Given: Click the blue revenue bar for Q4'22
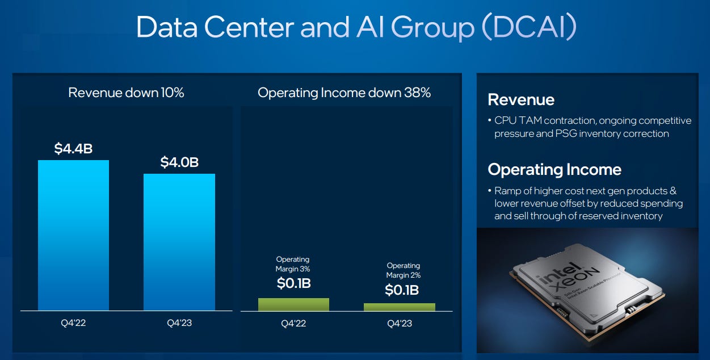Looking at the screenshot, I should coord(73,235).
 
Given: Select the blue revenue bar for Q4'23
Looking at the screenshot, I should coord(179,242).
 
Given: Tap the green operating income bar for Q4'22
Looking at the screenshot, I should coord(293,304).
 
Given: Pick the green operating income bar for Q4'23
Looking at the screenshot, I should coord(400,307).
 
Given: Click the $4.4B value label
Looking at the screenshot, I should coord(73,149).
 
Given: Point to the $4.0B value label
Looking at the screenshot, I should coord(179,162).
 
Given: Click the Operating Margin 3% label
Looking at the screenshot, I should coord(293,264).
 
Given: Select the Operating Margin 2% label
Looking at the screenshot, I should coord(404,270).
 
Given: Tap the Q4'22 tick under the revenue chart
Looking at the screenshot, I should coord(73,323).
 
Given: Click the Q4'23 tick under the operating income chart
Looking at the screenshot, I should coord(400,324).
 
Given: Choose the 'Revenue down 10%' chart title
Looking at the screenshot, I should coord(126,93).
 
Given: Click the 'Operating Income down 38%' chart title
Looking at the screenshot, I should coord(345,93).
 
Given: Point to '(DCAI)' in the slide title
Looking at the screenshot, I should coord(528,27).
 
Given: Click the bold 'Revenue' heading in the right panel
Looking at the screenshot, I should coord(521,100).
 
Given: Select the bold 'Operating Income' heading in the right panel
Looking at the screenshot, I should coord(554,170).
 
